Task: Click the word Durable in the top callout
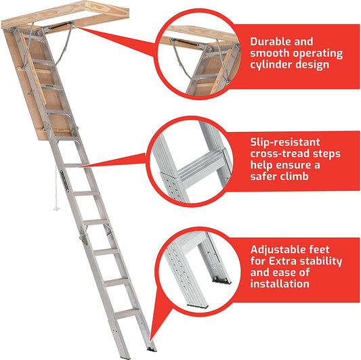click(272, 41)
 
